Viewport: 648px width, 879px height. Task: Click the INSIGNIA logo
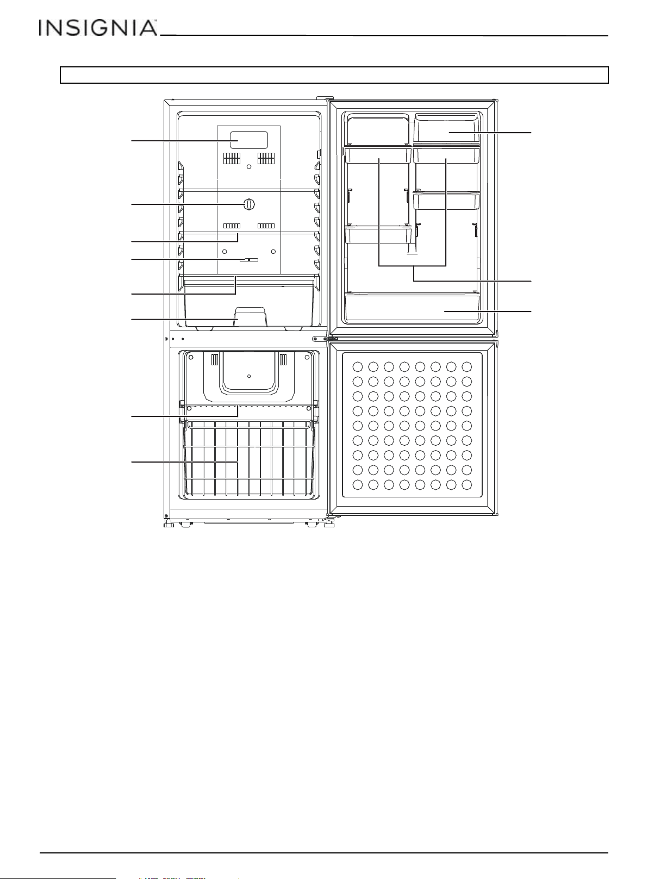tap(98, 28)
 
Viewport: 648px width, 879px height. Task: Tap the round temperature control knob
tap(249, 204)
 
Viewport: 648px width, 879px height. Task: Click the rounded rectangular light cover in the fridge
tap(249, 140)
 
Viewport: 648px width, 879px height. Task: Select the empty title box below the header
tap(334, 75)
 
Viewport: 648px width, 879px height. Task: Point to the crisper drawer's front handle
tap(251, 317)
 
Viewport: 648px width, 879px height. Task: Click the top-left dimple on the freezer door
tap(358, 367)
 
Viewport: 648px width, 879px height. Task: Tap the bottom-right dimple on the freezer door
tap(466, 485)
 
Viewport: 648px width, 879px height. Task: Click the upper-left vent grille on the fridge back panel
tap(232, 158)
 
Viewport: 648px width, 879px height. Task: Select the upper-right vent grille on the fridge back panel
tap(266, 158)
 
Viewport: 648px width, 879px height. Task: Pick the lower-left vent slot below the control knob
tap(232, 226)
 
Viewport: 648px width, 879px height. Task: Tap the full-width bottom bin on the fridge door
tap(412, 308)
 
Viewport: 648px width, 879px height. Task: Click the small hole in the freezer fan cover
tap(249, 376)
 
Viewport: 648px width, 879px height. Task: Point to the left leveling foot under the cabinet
tap(169, 523)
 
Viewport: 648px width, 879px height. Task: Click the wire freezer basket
tap(249, 460)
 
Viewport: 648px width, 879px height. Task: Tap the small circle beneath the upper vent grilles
tap(248, 167)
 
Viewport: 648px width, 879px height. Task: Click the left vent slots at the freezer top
tap(214, 359)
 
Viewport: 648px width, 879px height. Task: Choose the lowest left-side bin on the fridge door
tap(378, 235)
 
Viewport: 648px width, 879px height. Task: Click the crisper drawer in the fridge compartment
tap(249, 301)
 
